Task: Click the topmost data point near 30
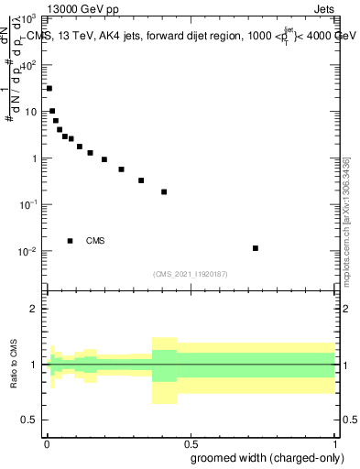pyautogui.click(x=49, y=89)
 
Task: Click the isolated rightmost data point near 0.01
pyautogui.click(x=256, y=248)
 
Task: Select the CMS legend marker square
pyautogui.click(x=71, y=241)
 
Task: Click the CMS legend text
pyautogui.click(x=95, y=241)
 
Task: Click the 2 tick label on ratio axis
pyautogui.click(x=34, y=309)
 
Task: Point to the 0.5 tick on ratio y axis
pyautogui.click(x=30, y=420)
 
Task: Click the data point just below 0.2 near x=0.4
pyautogui.click(x=164, y=192)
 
